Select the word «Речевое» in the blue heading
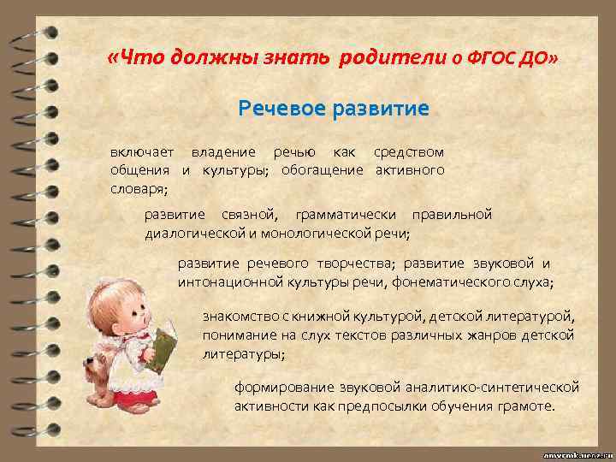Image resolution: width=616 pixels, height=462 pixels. click(277, 110)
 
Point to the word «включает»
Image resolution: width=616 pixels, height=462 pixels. click(142, 152)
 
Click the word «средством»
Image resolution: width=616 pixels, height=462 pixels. click(409, 152)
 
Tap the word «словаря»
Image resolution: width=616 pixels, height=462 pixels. click(137, 188)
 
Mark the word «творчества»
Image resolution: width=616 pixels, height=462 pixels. click(359, 264)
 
